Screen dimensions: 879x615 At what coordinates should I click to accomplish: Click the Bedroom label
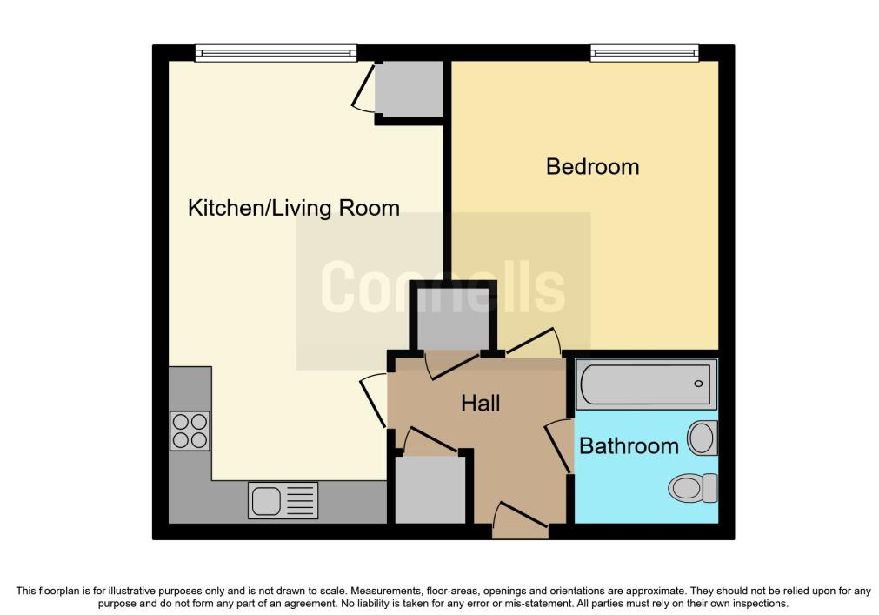coord(593,166)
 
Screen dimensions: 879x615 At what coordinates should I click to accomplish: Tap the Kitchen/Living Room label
coord(294,208)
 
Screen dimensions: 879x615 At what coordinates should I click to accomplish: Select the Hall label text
coord(481,403)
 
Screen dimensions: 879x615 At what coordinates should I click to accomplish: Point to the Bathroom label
coord(629,446)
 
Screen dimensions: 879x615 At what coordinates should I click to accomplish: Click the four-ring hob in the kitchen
coord(190,431)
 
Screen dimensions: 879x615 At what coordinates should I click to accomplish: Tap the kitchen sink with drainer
coord(283,500)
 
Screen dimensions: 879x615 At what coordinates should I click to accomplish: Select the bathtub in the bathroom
coord(646,384)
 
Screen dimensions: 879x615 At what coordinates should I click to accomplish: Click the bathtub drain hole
coord(698,384)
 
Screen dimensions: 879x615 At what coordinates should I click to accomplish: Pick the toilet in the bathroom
coord(694,488)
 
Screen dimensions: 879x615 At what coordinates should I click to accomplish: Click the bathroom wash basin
coord(703,438)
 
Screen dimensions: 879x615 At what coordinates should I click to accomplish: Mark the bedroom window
coord(644,53)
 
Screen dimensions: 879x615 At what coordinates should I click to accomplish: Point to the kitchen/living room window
coord(276,53)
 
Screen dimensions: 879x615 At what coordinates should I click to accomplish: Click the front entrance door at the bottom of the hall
coord(520,519)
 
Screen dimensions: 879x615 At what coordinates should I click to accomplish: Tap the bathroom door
coord(559,445)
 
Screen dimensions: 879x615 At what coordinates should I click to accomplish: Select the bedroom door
coord(533,343)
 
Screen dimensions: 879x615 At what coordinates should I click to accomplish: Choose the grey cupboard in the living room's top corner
coord(409,89)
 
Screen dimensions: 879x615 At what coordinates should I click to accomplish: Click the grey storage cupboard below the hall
coord(430,490)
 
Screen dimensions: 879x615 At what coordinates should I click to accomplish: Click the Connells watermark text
coord(443,287)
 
